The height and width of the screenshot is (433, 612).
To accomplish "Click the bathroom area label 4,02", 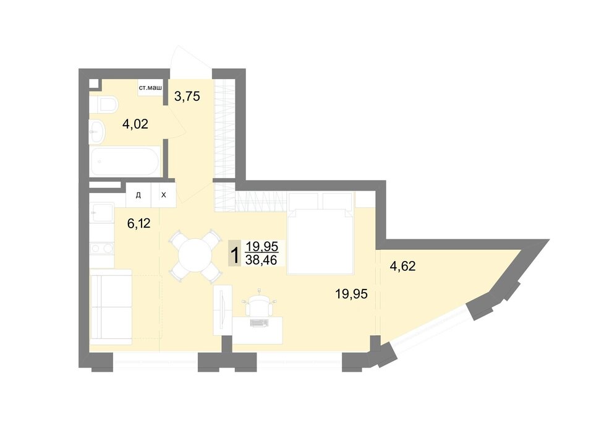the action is coord(135,124).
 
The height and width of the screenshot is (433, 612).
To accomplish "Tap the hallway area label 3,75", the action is coord(187,96).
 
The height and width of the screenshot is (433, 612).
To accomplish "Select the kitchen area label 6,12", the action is coord(138,223).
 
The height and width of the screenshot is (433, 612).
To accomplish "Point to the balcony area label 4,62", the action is coord(403,266).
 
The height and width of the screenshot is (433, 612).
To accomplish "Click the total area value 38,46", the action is coord(261,260).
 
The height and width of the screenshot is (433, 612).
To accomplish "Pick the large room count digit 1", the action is coord(234,256).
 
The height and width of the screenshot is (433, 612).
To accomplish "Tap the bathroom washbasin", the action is coord(97,132).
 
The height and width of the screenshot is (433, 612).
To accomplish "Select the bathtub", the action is coord(125,161).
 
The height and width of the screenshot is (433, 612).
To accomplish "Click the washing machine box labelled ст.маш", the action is coord(150,88).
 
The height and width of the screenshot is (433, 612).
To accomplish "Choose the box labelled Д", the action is coord(138,195).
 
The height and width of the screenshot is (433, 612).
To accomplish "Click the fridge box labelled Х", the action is coord(164,195).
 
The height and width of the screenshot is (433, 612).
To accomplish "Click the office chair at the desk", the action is coord(259,304).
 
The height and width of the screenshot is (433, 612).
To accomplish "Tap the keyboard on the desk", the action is coord(258,322).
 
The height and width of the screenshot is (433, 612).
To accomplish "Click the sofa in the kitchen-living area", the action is coord(111,307).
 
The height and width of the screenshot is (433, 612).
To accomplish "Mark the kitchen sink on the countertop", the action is coord(101,212).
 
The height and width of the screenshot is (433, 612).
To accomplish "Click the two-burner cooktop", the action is coord(101,248).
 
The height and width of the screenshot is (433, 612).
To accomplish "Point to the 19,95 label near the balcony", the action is coord(351,294).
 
